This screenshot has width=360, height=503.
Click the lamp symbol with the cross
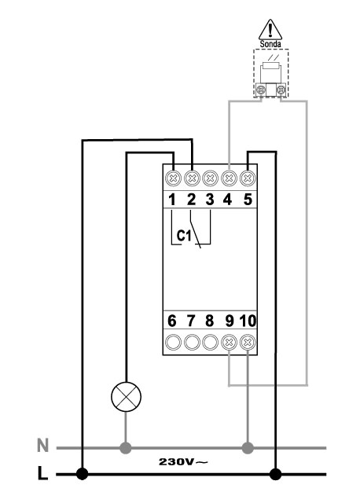[126, 397]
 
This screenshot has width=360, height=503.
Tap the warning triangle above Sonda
[270, 30]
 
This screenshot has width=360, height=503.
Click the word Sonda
[270, 44]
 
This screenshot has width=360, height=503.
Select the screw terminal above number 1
[173, 178]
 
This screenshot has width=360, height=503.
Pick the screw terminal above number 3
[210, 178]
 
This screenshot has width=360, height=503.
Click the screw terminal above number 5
[248, 178]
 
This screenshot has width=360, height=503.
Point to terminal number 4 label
[227, 200]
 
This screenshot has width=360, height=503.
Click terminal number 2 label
[191, 200]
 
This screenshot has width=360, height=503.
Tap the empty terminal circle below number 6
[173, 343]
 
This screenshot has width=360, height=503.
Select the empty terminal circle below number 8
[210, 343]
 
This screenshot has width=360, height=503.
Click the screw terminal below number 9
[229, 343]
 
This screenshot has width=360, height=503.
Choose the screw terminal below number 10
[248, 343]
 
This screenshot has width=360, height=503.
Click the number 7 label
[191, 321]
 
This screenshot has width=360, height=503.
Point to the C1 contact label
[184, 236]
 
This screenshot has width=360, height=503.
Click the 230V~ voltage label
[183, 461]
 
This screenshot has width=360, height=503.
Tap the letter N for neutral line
[42, 446]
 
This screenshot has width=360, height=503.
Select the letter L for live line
[42, 473]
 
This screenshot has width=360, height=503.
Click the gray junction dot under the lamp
[126, 448]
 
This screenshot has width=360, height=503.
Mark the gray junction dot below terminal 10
[248, 448]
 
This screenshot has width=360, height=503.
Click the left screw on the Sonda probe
[261, 89]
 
